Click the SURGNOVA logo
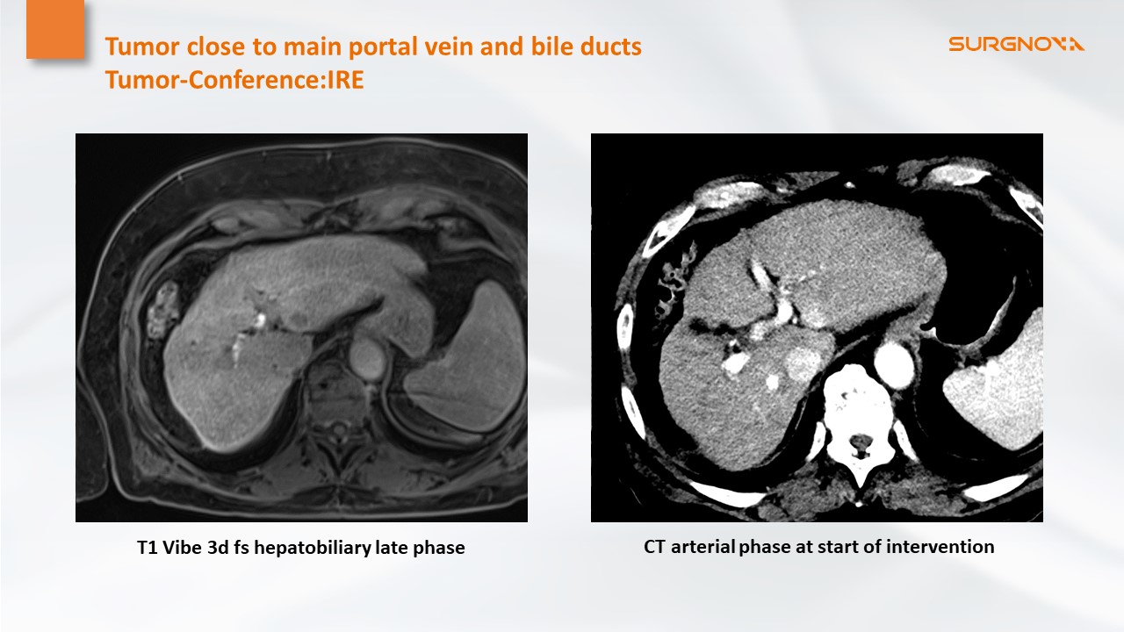[1016, 44]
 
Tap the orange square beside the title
[55, 29]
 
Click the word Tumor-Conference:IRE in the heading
[234, 80]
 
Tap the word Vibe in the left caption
[182, 547]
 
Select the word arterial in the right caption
[703, 546]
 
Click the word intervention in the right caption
[940, 546]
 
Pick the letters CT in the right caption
[655, 547]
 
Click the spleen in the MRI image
[466, 356]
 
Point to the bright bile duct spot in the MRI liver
[260, 319]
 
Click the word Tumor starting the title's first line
[142, 47]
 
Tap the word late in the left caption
[393, 547]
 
